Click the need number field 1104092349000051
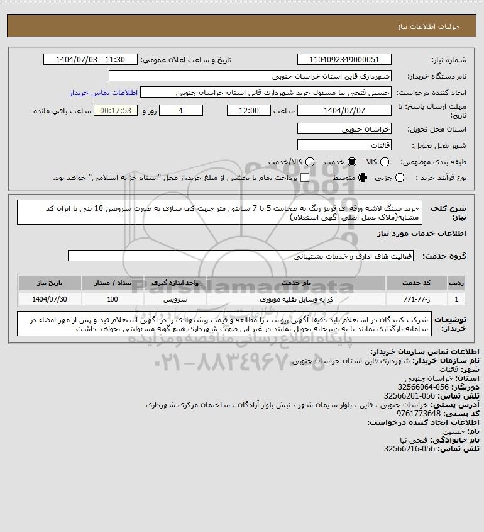[x=344, y=59]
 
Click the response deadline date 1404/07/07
[x=344, y=110]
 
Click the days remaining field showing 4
[x=181, y=110]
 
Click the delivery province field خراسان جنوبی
[x=344, y=128]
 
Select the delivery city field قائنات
[x=344, y=145]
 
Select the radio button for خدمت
[x=351, y=162]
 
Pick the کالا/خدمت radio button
[x=309, y=162]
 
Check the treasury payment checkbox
[x=305, y=178]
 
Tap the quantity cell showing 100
[x=113, y=299]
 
